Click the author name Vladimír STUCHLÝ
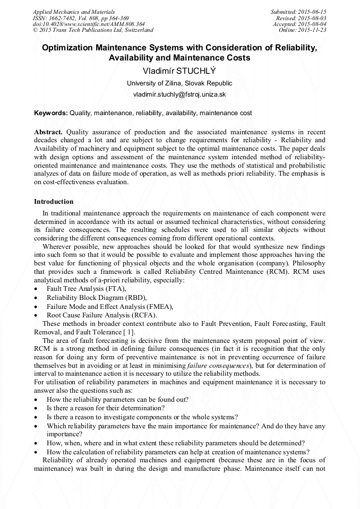click(x=179, y=71)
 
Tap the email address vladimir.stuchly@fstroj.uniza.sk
click(x=179, y=94)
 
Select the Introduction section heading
click(x=54, y=202)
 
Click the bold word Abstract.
click(x=48, y=132)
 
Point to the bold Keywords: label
click(x=50, y=113)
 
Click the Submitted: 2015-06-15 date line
click(x=298, y=12)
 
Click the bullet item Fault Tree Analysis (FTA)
click(x=86, y=288)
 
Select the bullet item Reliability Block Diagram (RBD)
click(x=96, y=297)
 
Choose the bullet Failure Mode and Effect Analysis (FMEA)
click(x=110, y=306)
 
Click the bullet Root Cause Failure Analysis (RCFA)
click(x=101, y=315)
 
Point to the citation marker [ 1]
click(x=129, y=332)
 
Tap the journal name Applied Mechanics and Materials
click(x=73, y=12)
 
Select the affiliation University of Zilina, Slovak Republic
click(x=179, y=83)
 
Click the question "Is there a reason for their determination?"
click(x=106, y=408)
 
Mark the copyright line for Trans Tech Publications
click(x=93, y=30)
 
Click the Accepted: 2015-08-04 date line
click(x=299, y=24)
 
